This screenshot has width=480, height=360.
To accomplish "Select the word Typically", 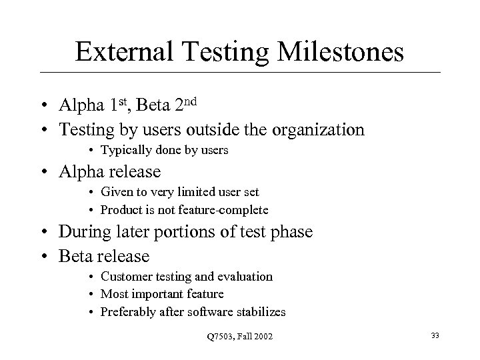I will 123,151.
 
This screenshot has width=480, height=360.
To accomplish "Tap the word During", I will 84,233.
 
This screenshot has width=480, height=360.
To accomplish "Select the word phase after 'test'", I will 291,233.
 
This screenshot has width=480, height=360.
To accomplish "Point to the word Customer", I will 123,276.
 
